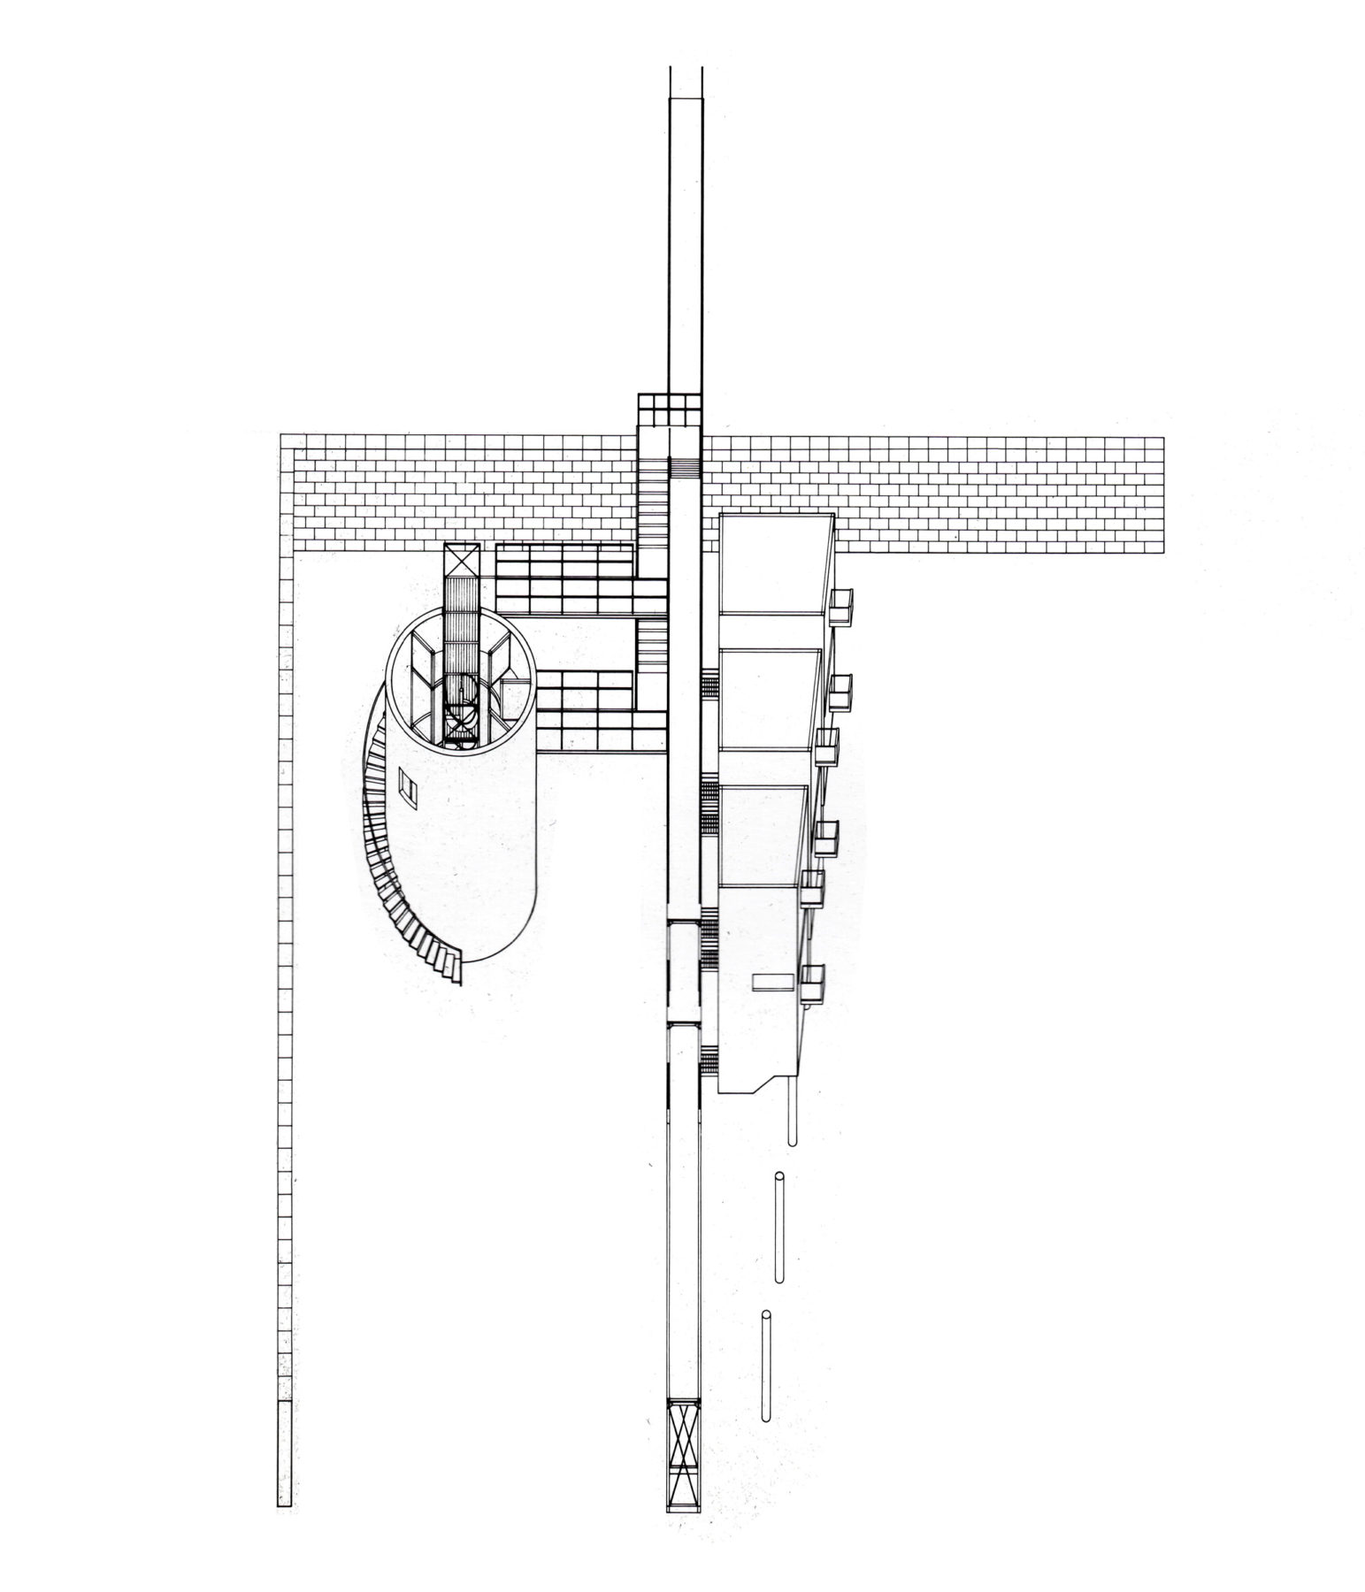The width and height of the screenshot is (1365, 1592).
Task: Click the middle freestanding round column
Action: [x=779, y=1228]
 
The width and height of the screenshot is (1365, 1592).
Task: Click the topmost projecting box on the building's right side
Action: [x=840, y=607]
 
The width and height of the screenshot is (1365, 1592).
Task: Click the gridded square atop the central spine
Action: [x=669, y=411]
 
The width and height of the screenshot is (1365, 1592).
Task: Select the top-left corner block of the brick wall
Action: [x=287, y=443]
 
